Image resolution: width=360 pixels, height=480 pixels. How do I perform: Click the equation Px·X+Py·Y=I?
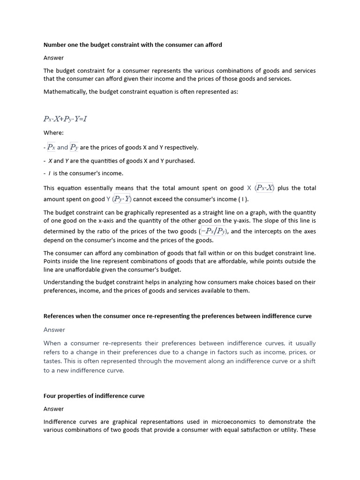click(65, 119)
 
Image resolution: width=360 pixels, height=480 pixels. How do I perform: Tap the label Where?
click(53, 133)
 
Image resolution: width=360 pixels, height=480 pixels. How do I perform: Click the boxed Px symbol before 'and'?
click(52, 147)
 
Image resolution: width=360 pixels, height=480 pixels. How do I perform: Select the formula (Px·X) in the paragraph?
click(264, 188)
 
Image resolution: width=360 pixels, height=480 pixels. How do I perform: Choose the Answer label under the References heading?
click(54, 330)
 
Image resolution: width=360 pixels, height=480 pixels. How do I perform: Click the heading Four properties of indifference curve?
click(94, 396)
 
